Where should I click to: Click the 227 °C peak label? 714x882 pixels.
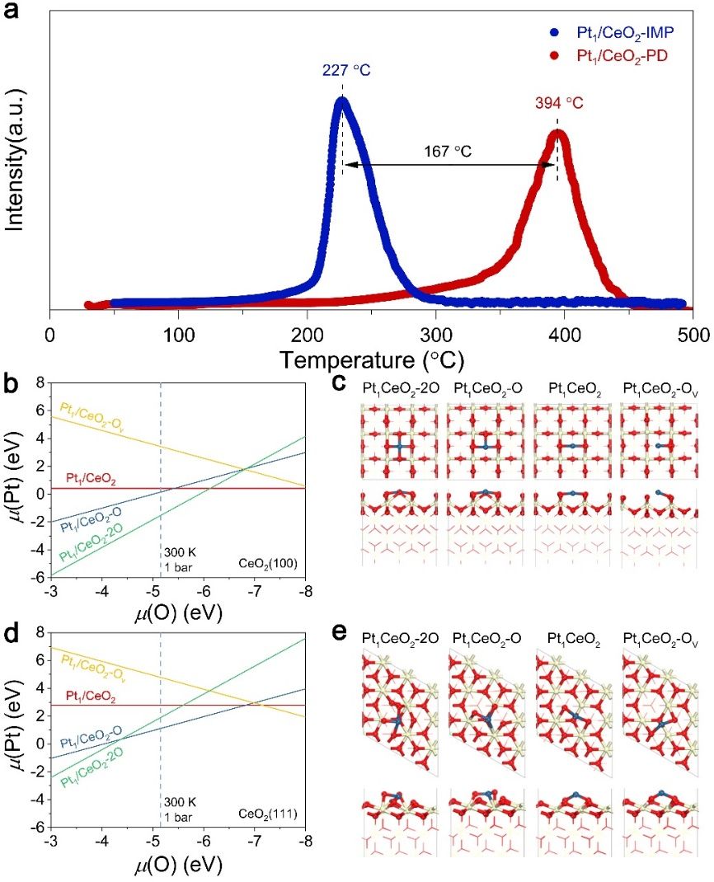tap(342, 71)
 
